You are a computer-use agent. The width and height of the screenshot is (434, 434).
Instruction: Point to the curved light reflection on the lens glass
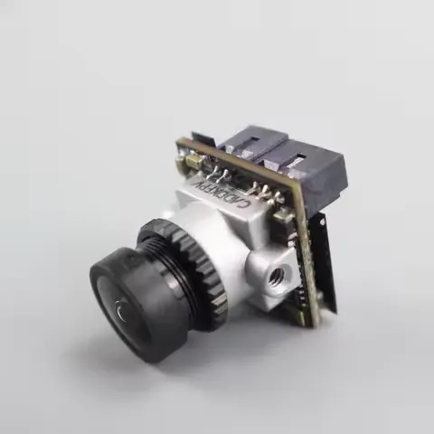120,315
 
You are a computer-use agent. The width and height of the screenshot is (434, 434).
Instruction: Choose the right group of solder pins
264,192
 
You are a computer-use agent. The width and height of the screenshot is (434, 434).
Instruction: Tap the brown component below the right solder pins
282,215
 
